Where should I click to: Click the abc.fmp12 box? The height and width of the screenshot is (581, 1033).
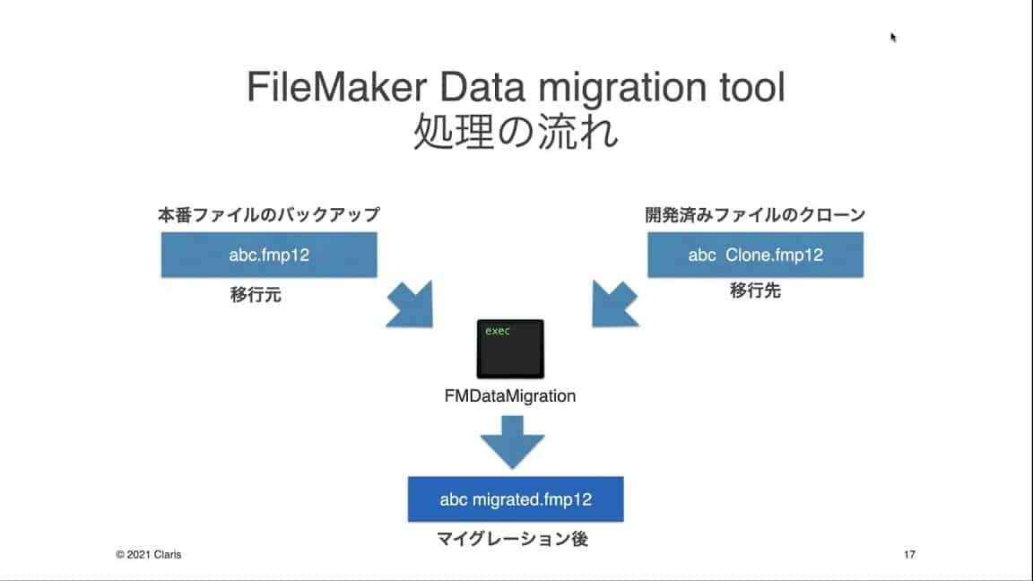tap(269, 255)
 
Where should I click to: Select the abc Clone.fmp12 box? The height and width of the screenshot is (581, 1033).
tap(755, 255)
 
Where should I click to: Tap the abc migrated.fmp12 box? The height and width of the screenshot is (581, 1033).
tap(515, 499)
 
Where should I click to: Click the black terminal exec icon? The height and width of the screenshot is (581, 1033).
tap(510, 348)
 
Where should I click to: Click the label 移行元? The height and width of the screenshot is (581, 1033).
tap(256, 294)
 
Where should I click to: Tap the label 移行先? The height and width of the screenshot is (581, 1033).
tap(754, 290)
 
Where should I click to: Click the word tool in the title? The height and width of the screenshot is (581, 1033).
tap(751, 91)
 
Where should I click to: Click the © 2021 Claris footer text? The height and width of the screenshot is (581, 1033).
tap(149, 555)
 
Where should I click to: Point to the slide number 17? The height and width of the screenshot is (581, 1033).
tap(909, 555)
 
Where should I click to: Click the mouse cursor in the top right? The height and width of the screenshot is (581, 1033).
tap(893, 37)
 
